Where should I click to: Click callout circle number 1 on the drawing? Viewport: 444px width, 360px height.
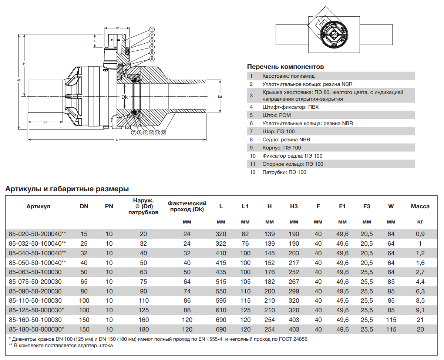[152, 29]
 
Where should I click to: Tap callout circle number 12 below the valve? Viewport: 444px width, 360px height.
[163, 132]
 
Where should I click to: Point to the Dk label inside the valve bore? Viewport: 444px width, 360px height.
[124, 97]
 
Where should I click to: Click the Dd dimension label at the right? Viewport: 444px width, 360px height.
[220, 97]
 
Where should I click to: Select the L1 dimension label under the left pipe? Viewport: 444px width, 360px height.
[45, 122]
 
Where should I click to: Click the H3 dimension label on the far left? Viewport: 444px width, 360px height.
[18, 80]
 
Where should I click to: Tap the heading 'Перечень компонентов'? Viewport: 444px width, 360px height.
[285, 67]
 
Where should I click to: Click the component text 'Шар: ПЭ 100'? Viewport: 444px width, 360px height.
[278, 131]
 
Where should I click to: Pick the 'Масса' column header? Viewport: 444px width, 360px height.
[420, 206]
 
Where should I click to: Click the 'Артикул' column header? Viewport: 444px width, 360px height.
[38, 206]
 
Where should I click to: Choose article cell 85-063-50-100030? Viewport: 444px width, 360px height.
[35, 272]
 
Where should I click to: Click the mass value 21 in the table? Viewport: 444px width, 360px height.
[420, 320]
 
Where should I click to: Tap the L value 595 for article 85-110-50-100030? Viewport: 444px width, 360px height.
[221, 301]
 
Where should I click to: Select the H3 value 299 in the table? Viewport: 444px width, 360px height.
[294, 291]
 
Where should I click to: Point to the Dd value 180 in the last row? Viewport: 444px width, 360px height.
[144, 329]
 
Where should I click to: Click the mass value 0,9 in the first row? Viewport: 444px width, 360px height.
[420, 234]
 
